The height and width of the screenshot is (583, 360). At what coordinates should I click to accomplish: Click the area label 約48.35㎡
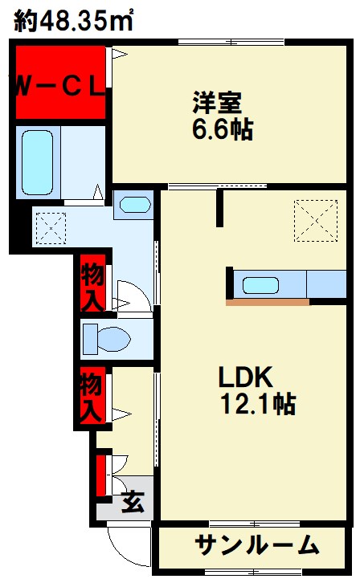(x=73, y=20)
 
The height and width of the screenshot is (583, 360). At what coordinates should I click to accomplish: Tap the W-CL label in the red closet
(x=59, y=88)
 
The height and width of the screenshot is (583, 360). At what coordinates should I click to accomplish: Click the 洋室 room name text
(x=217, y=102)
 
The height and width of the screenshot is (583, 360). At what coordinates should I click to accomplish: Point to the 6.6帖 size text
(x=223, y=129)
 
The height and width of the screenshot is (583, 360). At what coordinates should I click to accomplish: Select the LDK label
(x=245, y=377)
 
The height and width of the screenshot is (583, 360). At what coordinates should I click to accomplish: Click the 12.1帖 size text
(x=258, y=404)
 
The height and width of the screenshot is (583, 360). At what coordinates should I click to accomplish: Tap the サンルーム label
(x=257, y=545)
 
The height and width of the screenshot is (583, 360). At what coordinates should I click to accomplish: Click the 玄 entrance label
(x=133, y=502)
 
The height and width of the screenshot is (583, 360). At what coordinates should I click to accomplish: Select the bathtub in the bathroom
(x=37, y=162)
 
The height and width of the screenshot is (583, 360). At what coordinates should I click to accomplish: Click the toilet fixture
(x=106, y=339)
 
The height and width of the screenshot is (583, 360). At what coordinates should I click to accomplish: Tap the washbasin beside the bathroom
(x=135, y=205)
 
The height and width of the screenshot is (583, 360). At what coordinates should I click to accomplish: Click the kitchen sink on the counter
(x=260, y=286)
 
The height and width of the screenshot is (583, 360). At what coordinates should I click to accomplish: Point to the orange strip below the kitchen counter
(x=268, y=302)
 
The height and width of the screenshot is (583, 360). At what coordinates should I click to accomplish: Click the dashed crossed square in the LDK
(x=316, y=221)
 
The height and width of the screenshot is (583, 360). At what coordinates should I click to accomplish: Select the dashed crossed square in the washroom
(x=51, y=229)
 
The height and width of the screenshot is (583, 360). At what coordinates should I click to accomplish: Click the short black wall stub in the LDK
(x=220, y=207)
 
